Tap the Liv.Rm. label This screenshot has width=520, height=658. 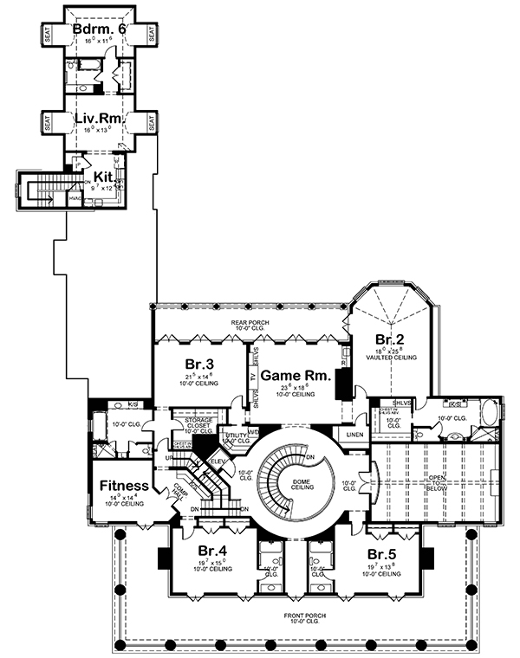(97, 118)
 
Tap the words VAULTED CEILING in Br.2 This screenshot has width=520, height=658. (393, 357)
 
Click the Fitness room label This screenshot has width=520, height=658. (122, 486)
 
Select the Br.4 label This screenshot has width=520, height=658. (212, 551)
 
